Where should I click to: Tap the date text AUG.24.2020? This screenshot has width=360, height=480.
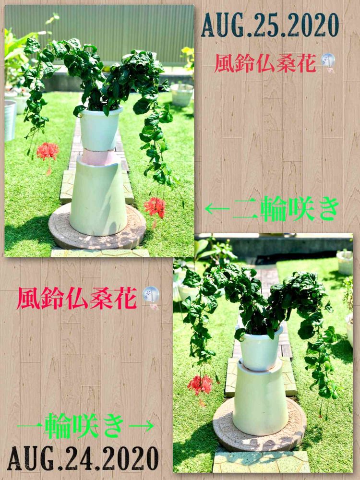(x=83, y=458)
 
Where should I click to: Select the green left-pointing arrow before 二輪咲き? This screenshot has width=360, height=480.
(x=217, y=209)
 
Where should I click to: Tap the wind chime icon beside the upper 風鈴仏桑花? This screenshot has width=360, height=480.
(x=328, y=62)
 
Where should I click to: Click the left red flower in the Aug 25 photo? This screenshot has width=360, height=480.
(x=48, y=153)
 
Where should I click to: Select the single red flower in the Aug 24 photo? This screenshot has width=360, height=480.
(x=200, y=384)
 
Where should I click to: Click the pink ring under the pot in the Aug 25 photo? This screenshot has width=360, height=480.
(x=98, y=157)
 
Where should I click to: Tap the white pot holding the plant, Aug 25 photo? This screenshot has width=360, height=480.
(x=100, y=129)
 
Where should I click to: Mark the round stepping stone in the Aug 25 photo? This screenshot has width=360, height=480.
(x=97, y=227)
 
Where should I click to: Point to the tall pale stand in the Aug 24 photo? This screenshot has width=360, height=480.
(x=260, y=398)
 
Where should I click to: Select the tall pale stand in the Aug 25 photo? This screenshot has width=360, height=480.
(x=98, y=196)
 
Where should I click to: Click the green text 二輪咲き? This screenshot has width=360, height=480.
(x=286, y=209)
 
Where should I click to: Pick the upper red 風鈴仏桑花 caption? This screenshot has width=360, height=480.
(x=265, y=63)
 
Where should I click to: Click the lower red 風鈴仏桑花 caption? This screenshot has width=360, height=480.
(x=77, y=298)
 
